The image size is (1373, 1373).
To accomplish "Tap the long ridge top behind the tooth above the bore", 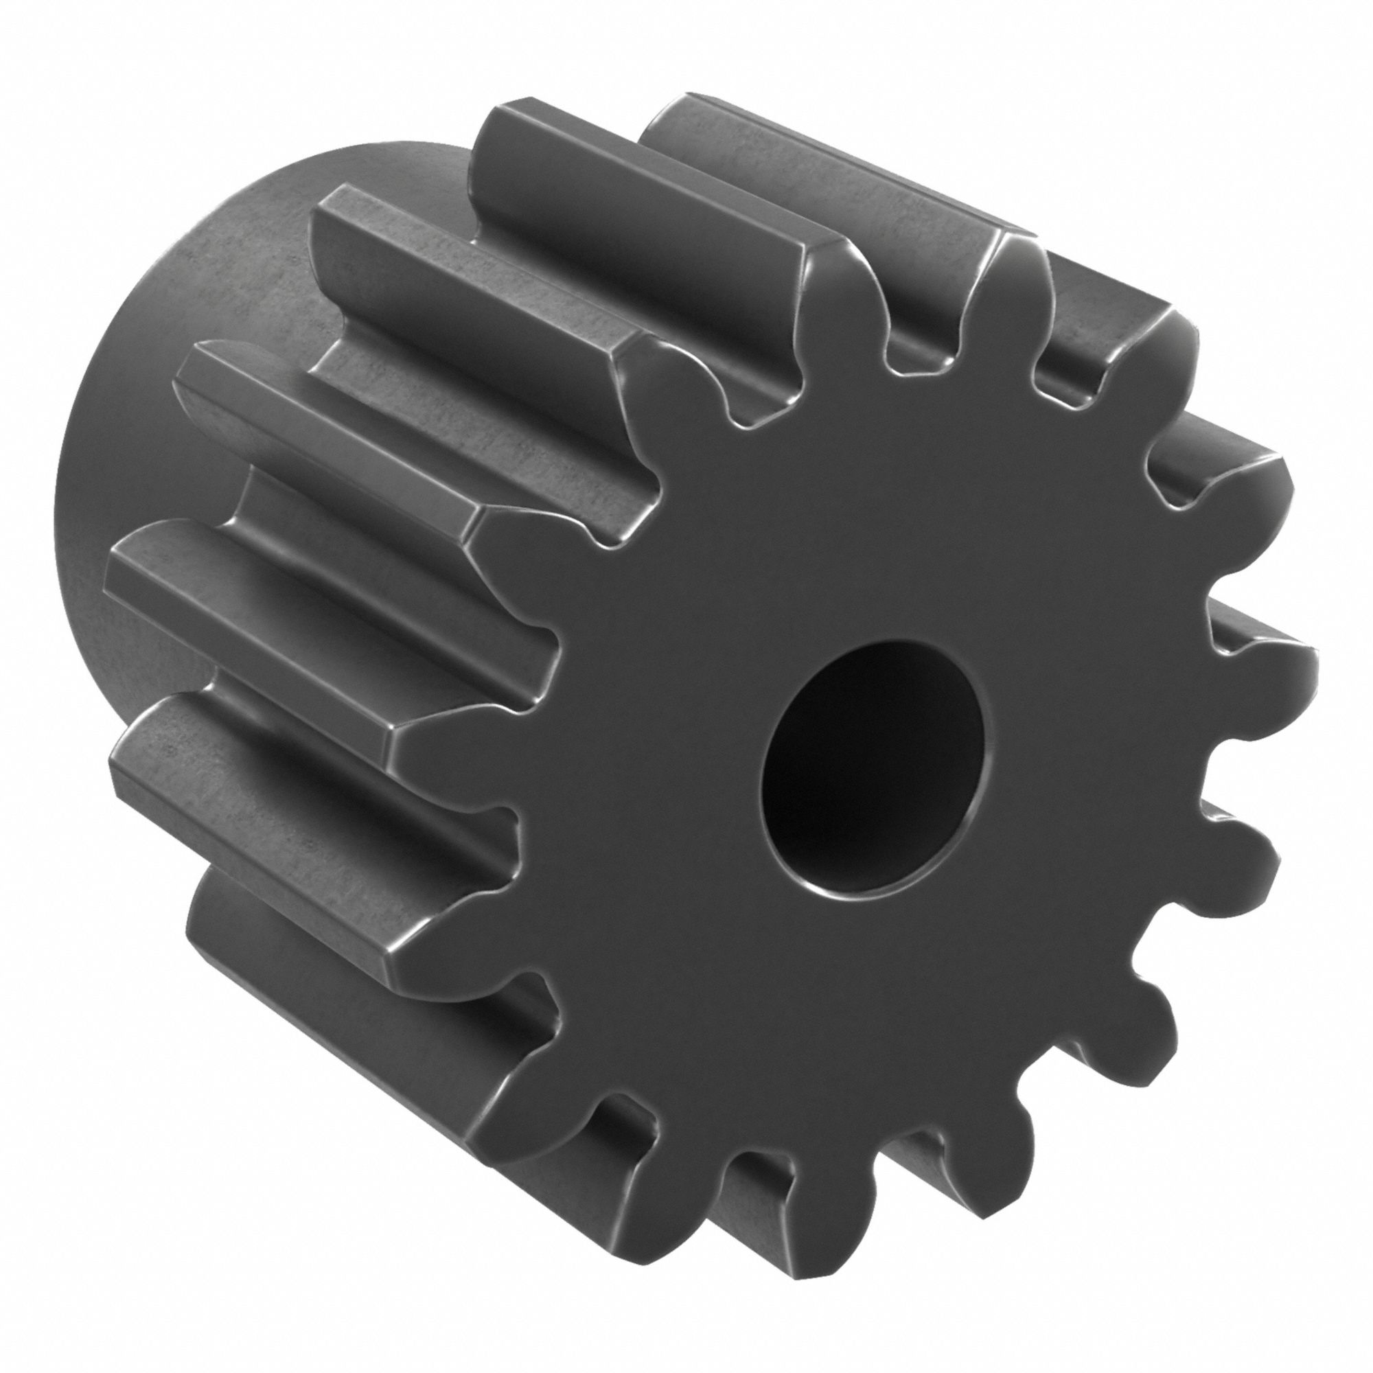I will click(640, 170).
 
